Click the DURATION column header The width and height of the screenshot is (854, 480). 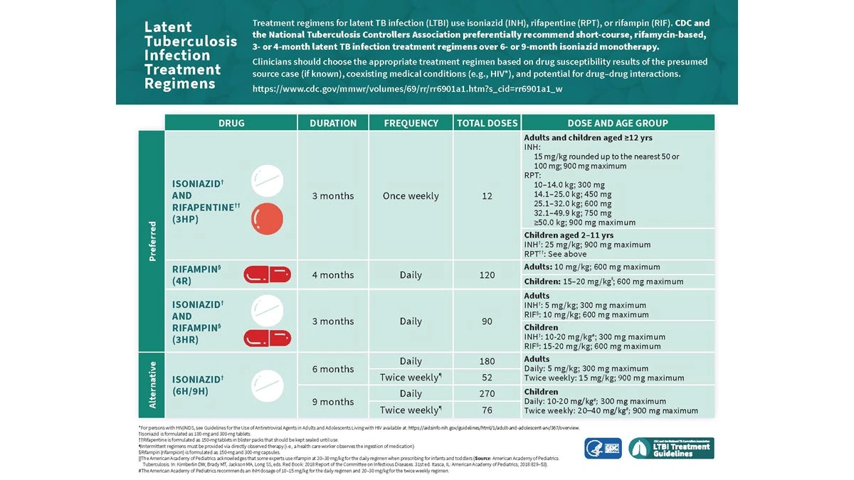(332, 123)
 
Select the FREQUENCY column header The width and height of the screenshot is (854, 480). (411, 123)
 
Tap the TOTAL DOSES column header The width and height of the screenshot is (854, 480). (487, 123)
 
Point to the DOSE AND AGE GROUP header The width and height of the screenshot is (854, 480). (617, 123)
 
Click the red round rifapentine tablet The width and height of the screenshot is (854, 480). (267, 218)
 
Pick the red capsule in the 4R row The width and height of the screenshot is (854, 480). (267, 274)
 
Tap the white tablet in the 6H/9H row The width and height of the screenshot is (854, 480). (267, 385)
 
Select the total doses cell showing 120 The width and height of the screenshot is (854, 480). (487, 275)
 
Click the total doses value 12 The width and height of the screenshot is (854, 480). (487, 196)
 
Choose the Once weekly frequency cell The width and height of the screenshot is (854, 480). (411, 196)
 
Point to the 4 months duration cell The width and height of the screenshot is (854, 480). (332, 275)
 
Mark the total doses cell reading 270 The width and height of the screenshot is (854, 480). (487, 394)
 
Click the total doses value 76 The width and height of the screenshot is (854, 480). (487, 410)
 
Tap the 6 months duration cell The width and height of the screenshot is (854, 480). (332, 369)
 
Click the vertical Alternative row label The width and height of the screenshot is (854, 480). (152, 385)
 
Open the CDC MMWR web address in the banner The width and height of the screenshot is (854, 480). (407, 89)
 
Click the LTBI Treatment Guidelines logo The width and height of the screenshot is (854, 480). (670, 448)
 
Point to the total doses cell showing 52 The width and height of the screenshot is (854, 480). (487, 378)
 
